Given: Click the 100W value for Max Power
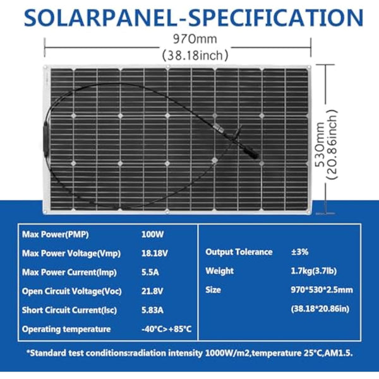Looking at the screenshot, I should click(152, 234).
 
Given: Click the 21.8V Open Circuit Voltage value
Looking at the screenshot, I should click(152, 291).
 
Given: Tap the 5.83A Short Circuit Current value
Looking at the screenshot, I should click(153, 310).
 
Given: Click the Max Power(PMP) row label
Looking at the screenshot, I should click(56, 234).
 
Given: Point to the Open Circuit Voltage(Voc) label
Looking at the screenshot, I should click(71, 291).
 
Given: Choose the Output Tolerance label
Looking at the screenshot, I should click(239, 252).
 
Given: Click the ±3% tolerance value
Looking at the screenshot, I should click(300, 252).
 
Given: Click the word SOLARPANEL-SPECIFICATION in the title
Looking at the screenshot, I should click(189, 15).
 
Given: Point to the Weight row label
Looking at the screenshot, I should click(220, 271).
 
